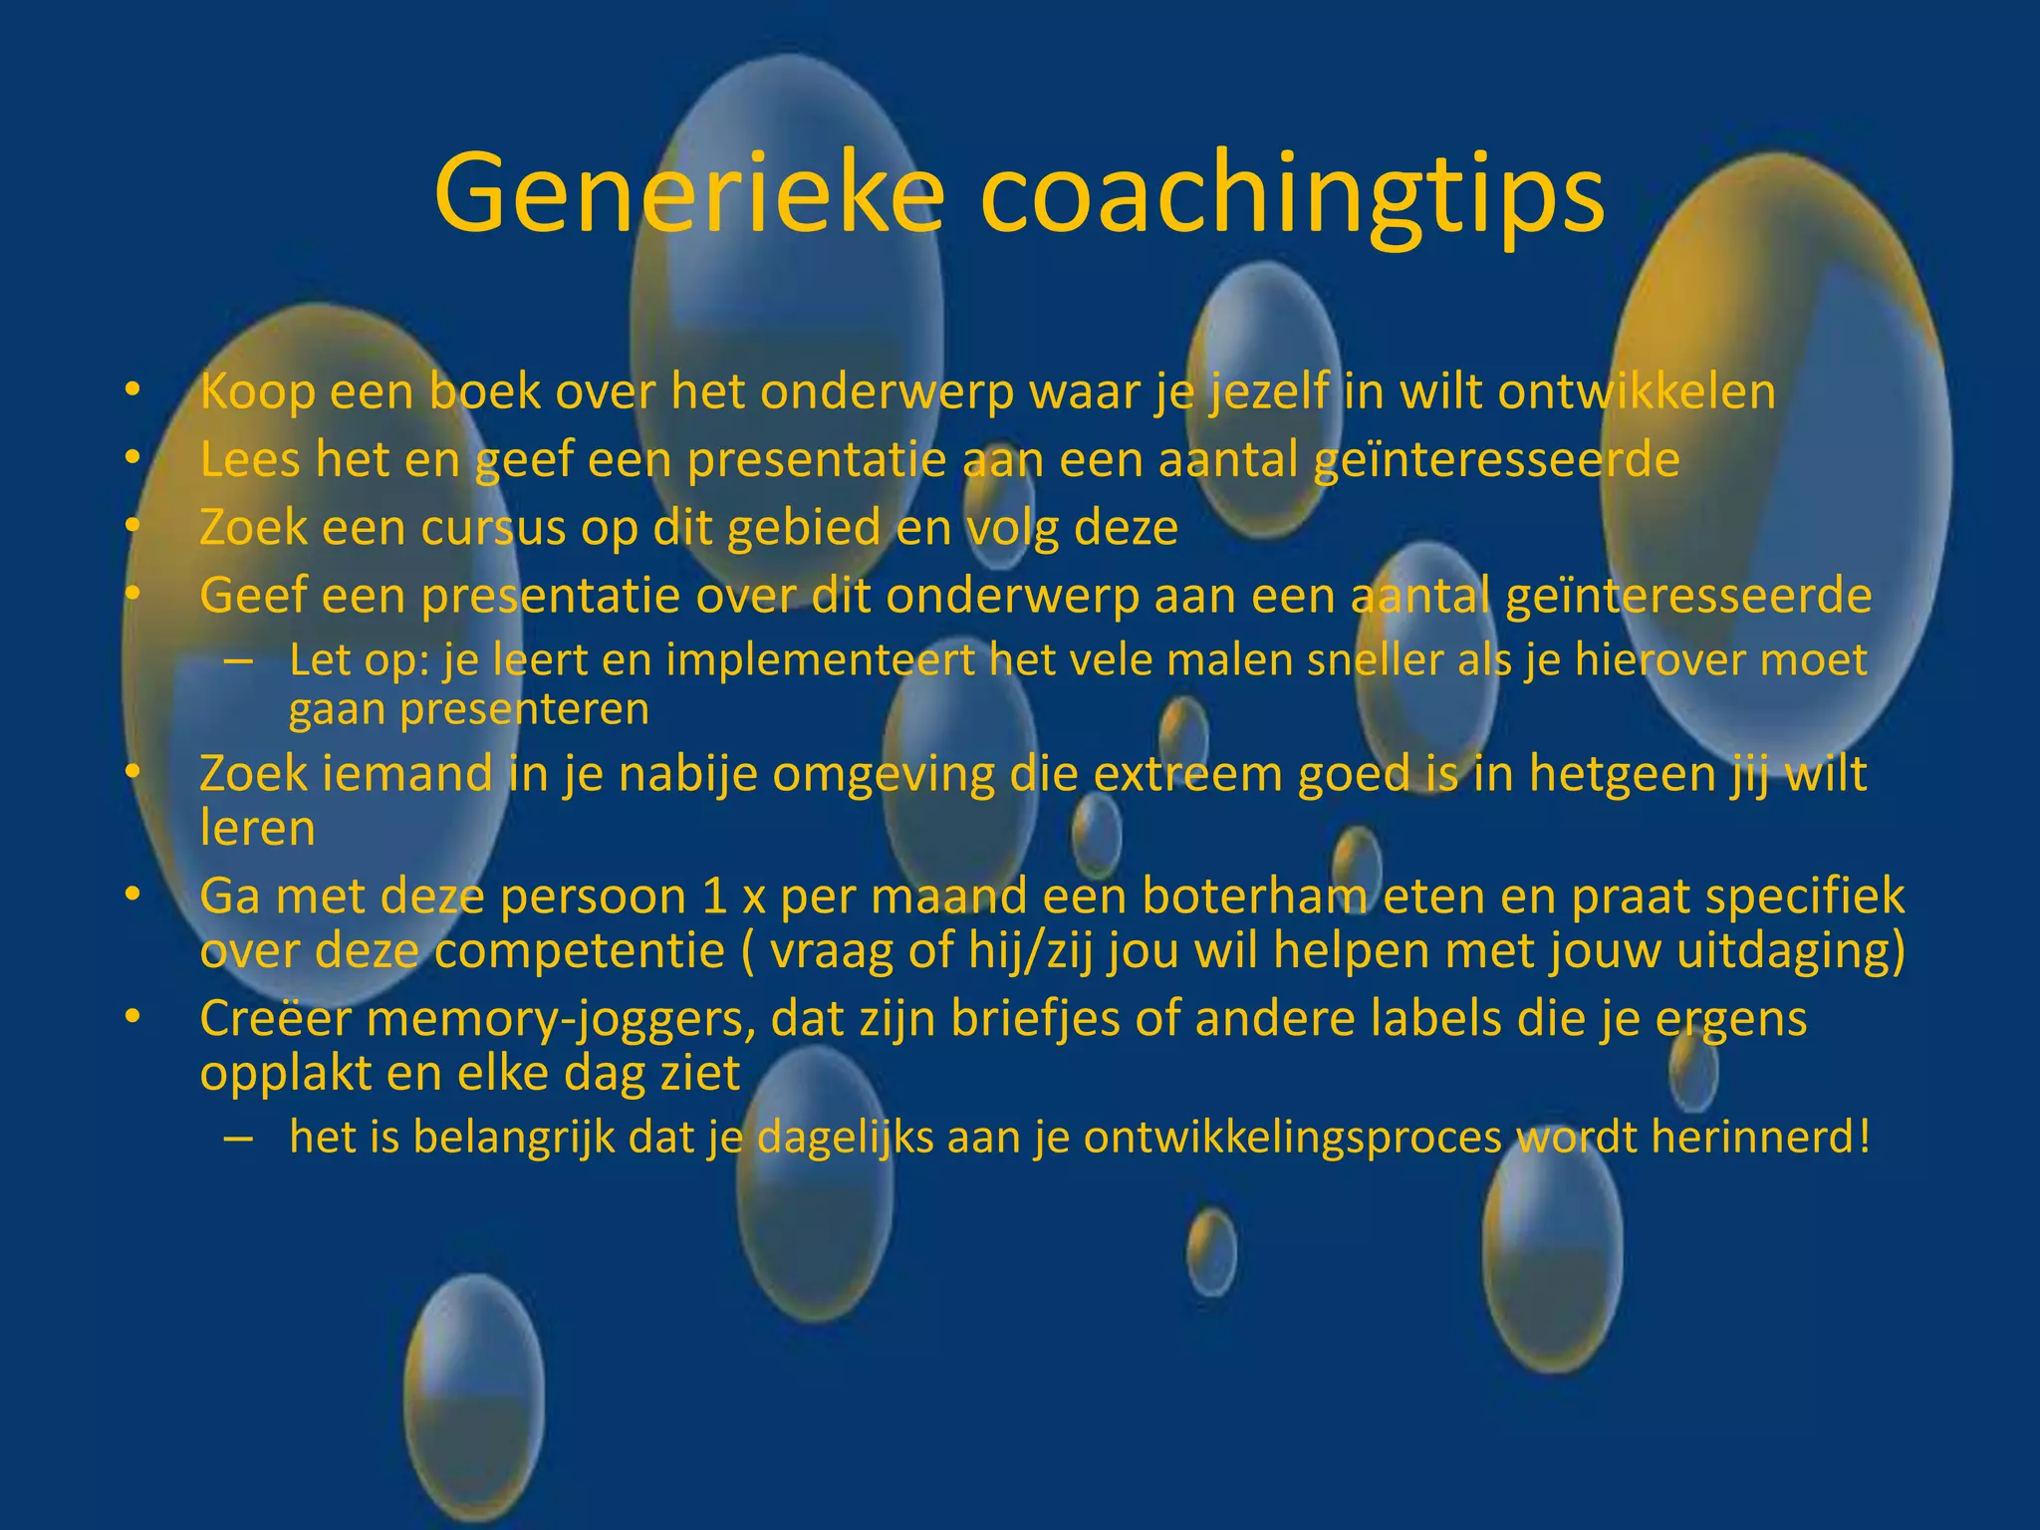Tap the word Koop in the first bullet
point(258,392)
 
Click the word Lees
point(250,460)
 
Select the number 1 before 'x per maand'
point(714,896)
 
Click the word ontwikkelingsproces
point(1292,1139)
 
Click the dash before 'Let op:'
point(238,661)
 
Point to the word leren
point(257,829)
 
